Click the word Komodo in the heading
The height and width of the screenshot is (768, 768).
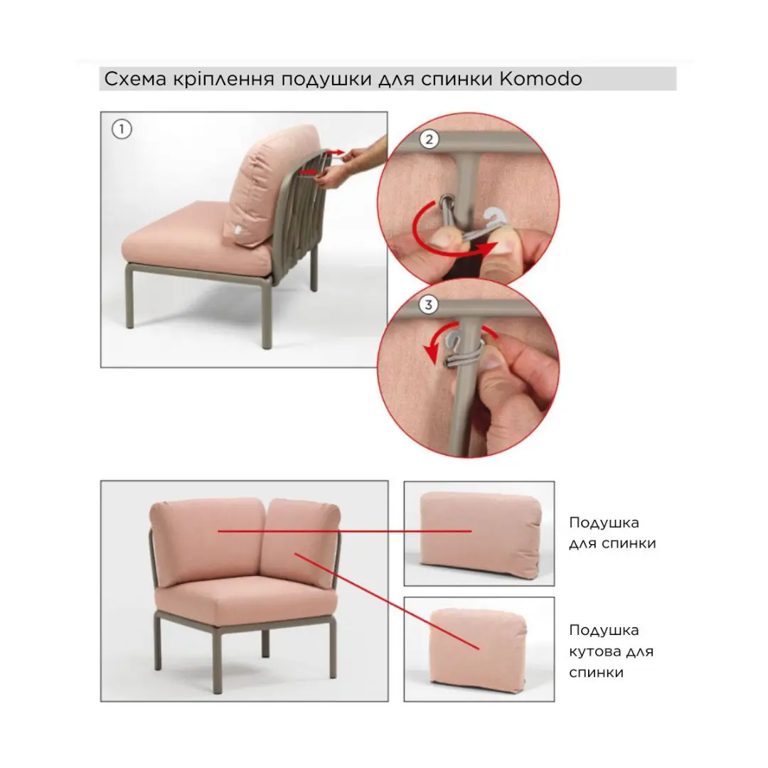540,79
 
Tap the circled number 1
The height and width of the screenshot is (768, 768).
122,129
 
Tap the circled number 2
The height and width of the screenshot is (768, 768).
429,139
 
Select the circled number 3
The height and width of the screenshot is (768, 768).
428,304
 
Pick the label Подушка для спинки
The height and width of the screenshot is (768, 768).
612,533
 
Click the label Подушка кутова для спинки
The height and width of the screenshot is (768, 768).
612,651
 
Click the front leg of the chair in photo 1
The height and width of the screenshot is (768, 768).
267,313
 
